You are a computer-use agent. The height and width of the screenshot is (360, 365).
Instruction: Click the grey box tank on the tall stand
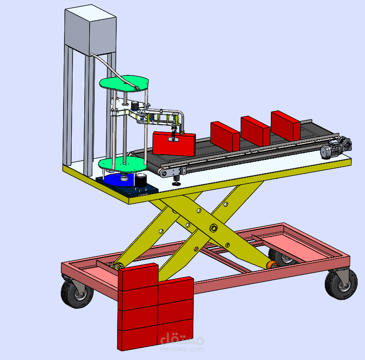point(90,30)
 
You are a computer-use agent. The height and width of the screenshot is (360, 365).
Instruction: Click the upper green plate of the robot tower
point(124,83)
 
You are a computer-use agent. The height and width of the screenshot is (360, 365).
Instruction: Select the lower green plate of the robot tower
point(122,164)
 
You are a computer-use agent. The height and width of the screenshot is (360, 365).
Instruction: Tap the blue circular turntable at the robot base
point(119,180)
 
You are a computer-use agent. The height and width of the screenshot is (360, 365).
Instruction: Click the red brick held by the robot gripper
point(174,144)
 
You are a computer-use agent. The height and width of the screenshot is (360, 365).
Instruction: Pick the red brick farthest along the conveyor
point(286,126)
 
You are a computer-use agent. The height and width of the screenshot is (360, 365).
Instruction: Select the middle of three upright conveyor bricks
point(255,131)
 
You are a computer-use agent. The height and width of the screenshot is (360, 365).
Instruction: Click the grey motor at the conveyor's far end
point(336,147)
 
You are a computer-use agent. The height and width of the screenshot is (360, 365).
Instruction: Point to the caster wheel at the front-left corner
point(77,293)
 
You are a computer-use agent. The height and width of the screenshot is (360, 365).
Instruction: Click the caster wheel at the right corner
point(341,284)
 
